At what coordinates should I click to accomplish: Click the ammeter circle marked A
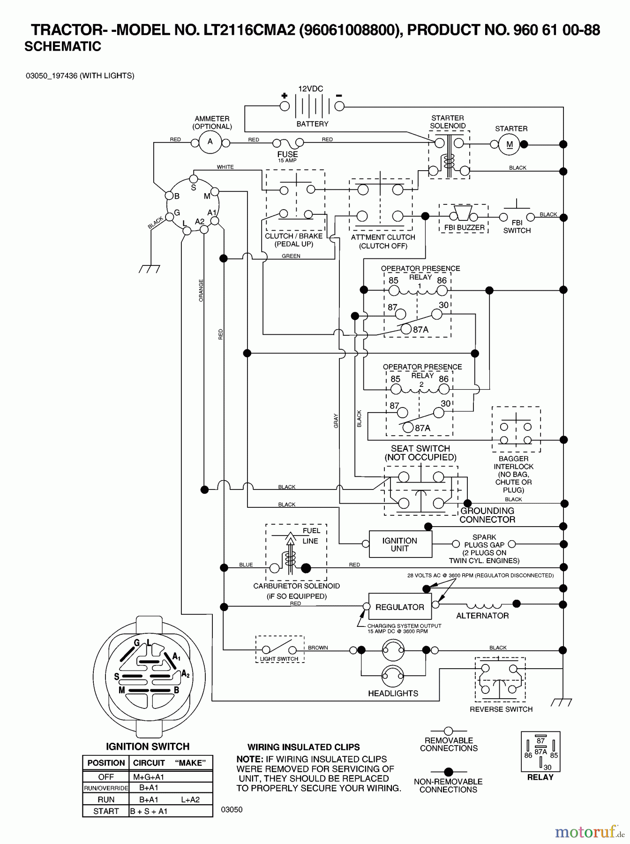pyautogui.click(x=210, y=142)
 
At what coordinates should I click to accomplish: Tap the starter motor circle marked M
pyautogui.click(x=510, y=144)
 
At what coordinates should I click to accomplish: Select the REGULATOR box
pyautogui.click(x=400, y=607)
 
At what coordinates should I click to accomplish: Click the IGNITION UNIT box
pyautogui.click(x=400, y=544)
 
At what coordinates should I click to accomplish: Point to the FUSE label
pyautogui.click(x=287, y=154)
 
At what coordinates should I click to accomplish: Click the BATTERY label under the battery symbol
pyautogui.click(x=312, y=124)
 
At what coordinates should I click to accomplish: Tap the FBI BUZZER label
pyautogui.click(x=464, y=228)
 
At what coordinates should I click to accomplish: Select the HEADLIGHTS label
pyautogui.click(x=393, y=693)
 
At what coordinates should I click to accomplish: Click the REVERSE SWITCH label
pyautogui.click(x=501, y=709)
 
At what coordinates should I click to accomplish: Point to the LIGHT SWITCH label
pyautogui.click(x=279, y=659)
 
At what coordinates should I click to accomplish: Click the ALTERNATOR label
pyautogui.click(x=482, y=616)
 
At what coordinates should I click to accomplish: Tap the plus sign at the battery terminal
pyautogui.click(x=284, y=96)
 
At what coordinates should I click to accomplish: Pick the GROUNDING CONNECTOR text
pyautogui.click(x=487, y=515)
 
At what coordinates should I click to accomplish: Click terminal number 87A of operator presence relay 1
pyautogui.click(x=420, y=330)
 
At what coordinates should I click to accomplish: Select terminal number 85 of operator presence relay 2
pyautogui.click(x=396, y=379)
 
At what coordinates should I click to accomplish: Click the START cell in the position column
pyautogui.click(x=106, y=811)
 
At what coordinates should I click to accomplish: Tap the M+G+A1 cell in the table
pyautogui.click(x=149, y=777)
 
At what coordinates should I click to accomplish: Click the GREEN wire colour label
pyautogui.click(x=291, y=256)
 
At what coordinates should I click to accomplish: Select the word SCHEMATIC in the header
pyautogui.click(x=63, y=46)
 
